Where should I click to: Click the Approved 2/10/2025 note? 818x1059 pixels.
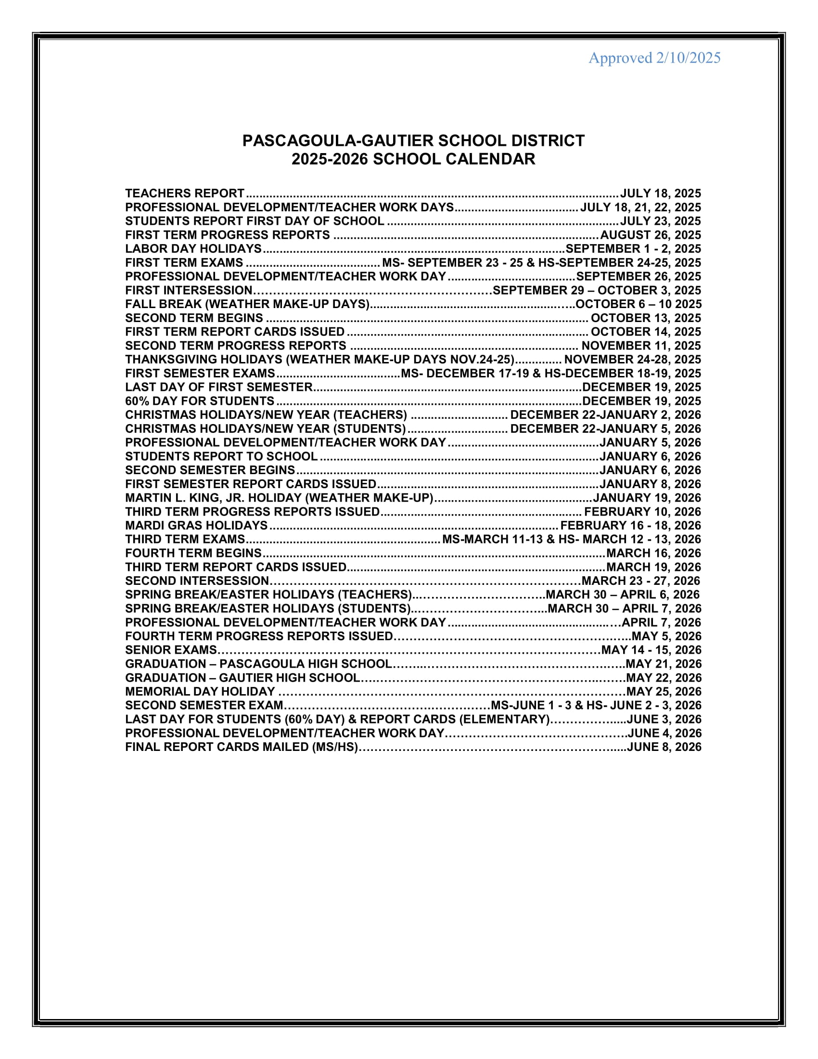point(654,58)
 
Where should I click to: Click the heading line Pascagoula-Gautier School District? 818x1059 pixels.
point(413,141)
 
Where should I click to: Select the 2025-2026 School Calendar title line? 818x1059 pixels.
point(413,159)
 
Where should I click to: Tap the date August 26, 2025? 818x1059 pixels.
point(651,235)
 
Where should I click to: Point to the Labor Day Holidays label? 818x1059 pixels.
point(193,249)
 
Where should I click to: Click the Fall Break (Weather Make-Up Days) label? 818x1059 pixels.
point(248,304)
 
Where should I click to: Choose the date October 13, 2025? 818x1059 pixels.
point(645,318)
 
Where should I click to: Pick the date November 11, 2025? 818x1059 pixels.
point(641,346)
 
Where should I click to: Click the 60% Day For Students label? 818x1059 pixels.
point(200,401)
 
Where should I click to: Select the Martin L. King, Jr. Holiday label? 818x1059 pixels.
point(279,498)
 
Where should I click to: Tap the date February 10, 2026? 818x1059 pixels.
point(642,512)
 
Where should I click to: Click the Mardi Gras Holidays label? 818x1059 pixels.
point(196,526)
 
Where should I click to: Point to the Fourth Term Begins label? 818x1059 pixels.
point(193,553)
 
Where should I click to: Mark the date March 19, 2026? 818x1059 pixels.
point(654,568)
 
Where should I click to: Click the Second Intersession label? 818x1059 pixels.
point(197,581)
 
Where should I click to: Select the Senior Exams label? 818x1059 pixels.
point(171,650)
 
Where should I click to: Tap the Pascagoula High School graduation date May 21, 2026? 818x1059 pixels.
point(664,664)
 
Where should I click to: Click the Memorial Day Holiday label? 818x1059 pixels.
point(200,692)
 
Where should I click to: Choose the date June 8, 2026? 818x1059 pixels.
point(665,747)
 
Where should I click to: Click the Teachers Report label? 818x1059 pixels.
point(185,194)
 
